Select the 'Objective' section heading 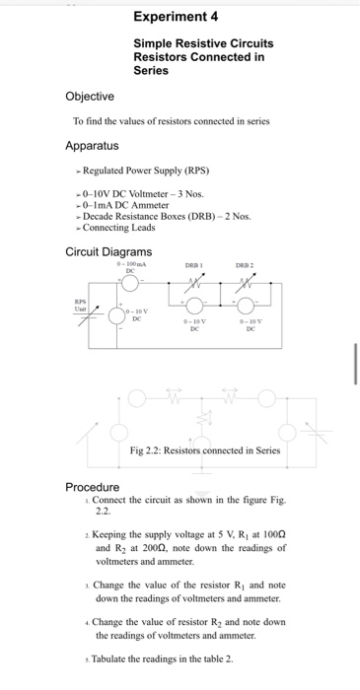click(x=89, y=96)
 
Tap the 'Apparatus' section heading click(x=93, y=146)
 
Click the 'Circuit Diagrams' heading click(x=108, y=251)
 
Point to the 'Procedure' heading click(x=93, y=487)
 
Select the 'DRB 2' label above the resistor click(x=244, y=265)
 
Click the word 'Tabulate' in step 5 click(x=112, y=659)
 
